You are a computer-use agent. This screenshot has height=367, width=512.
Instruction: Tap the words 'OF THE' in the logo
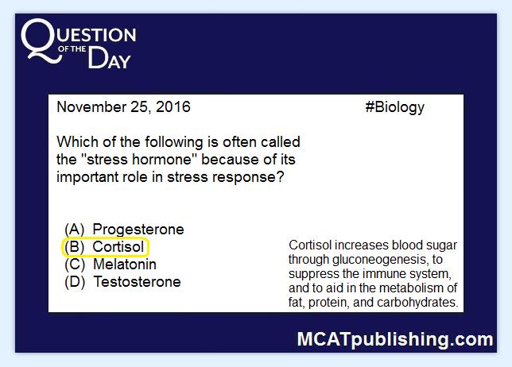72,49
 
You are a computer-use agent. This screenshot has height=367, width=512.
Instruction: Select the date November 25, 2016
123,107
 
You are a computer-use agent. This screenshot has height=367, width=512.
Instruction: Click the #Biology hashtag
395,108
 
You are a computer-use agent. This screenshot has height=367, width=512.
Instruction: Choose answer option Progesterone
138,230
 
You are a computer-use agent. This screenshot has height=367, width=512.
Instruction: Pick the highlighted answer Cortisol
118,247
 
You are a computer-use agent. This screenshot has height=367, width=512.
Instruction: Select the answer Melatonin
125,265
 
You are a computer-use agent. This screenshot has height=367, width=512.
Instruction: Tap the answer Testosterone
137,282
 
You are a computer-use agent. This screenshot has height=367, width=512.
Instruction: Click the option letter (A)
75,230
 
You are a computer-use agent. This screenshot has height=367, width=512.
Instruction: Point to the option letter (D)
75,282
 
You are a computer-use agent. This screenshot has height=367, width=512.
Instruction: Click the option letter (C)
75,265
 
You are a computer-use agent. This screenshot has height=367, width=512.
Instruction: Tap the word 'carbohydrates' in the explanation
417,303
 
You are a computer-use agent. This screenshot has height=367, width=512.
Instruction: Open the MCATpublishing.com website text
395,340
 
